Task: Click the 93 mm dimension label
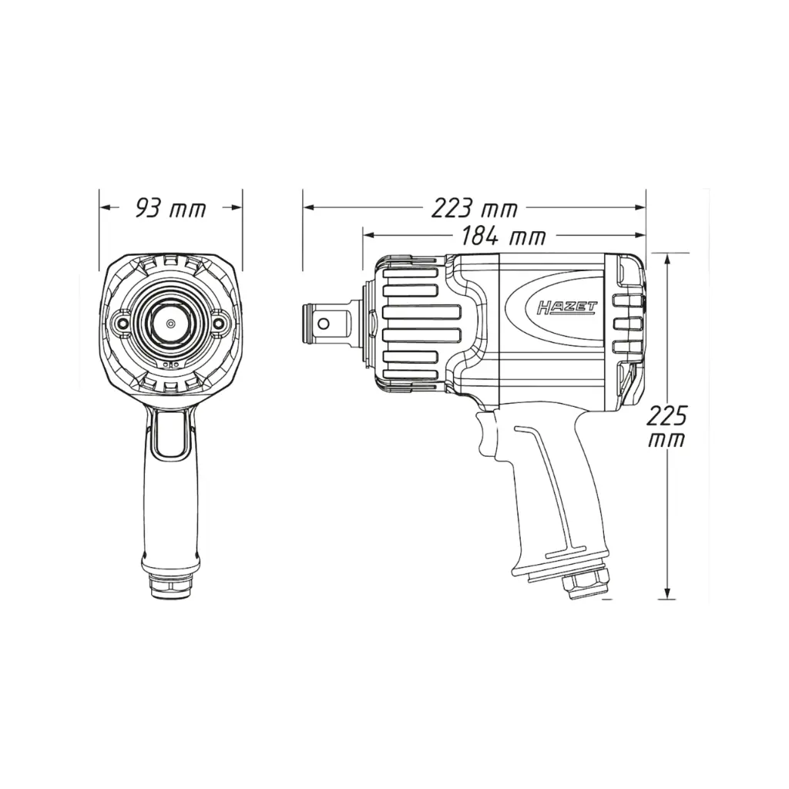pos(170,208)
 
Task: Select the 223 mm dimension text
pos(474,208)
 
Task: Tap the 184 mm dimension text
pos(503,236)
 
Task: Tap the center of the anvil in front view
pos(170,323)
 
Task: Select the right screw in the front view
pos(220,323)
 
